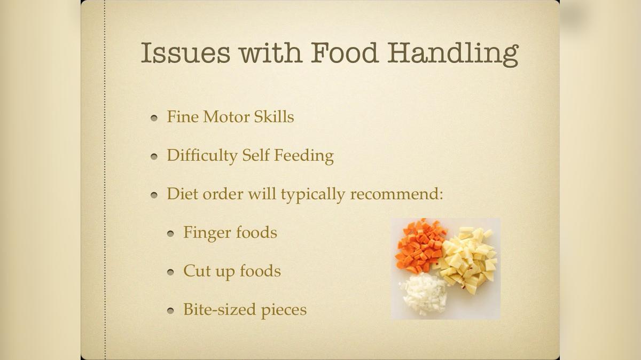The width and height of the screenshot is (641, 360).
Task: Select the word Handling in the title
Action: [454, 53]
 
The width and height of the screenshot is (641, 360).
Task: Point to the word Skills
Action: [274, 116]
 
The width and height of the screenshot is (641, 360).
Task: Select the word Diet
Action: [179, 193]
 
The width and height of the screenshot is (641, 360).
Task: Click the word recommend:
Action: [397, 193]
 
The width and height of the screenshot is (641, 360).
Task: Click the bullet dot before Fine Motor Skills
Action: [154, 118]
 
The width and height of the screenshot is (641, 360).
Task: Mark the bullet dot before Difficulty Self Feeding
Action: [154, 156]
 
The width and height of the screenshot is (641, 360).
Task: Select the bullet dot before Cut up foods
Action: [170, 272]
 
